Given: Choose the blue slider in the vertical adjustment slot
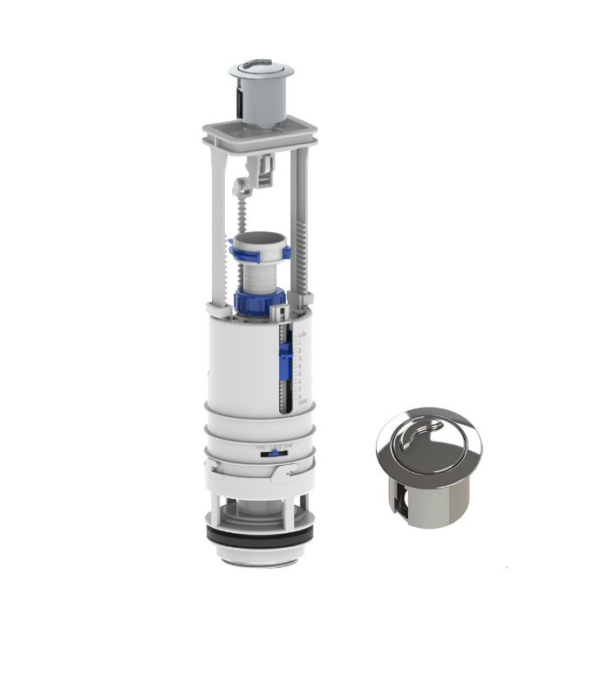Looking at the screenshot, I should (x=285, y=359).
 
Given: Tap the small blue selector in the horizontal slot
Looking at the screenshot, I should (x=273, y=451).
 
